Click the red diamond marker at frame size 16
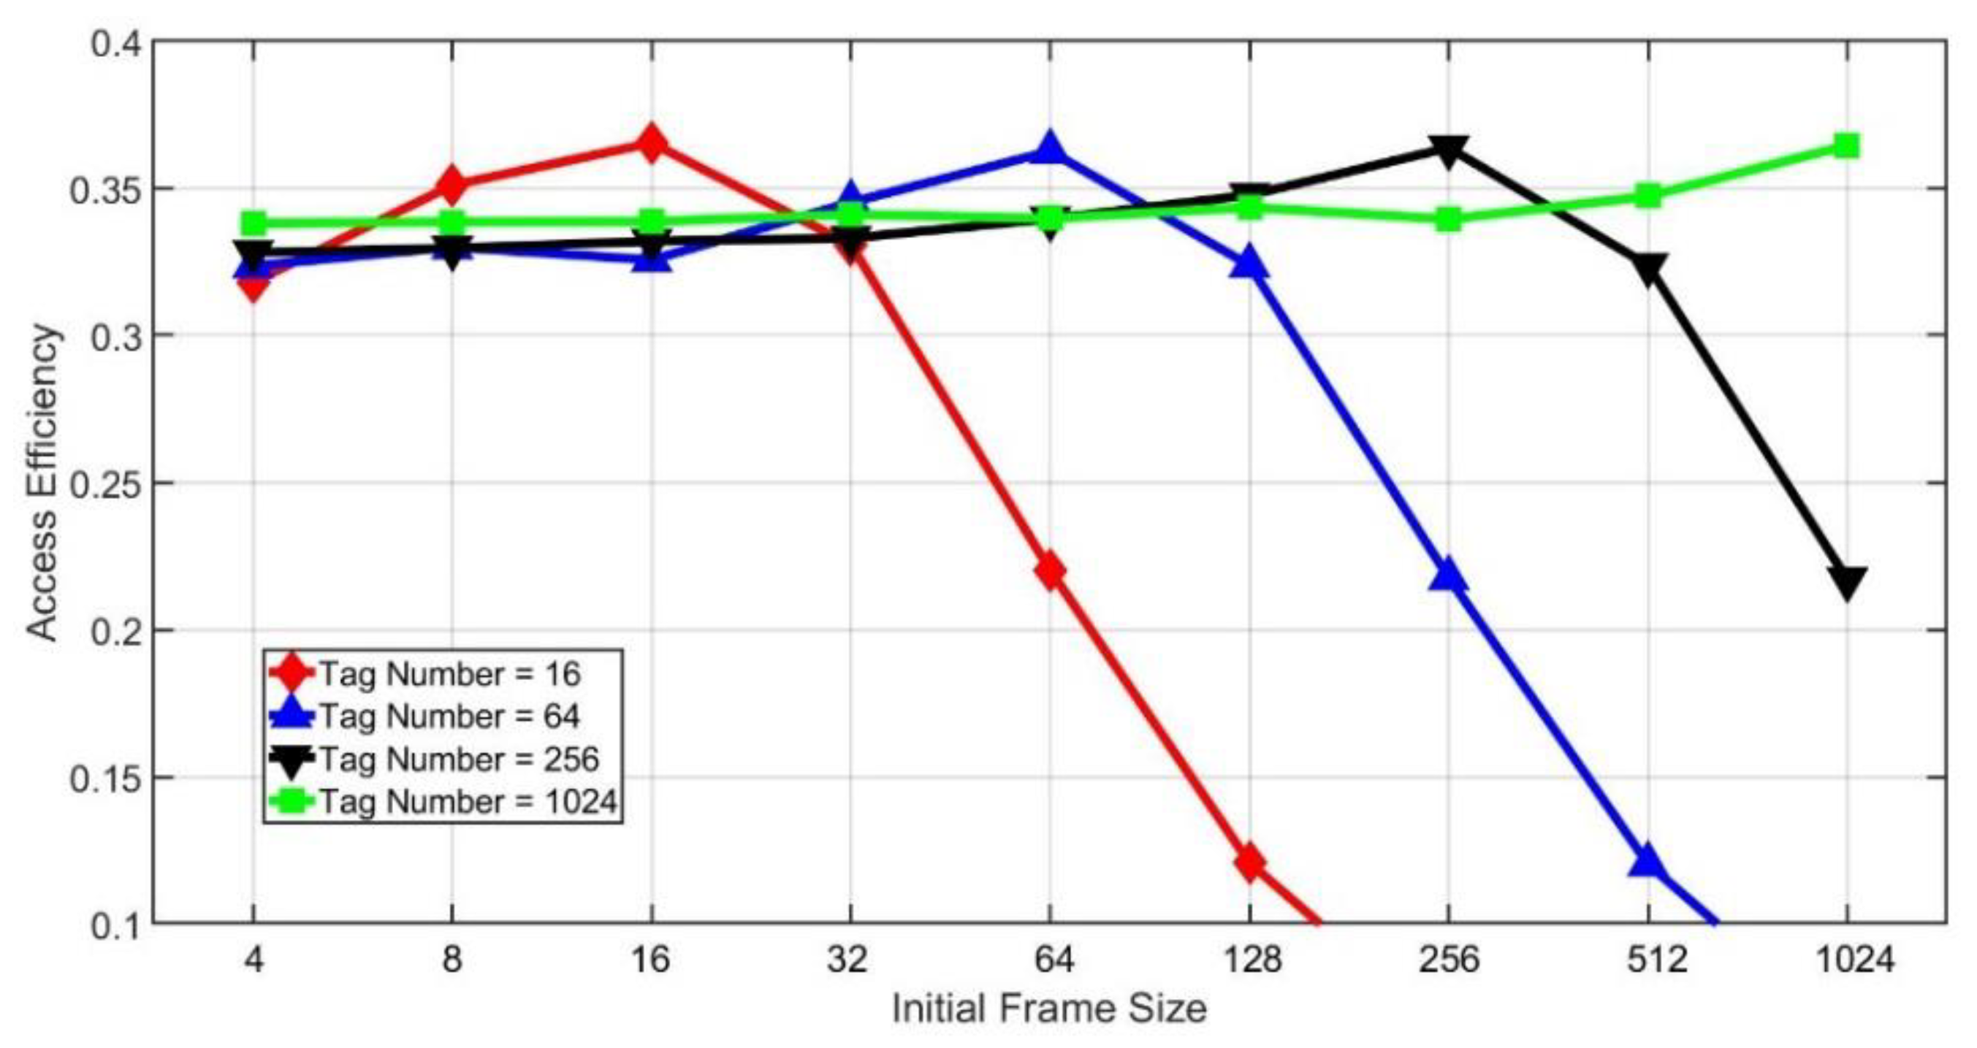pos(652,144)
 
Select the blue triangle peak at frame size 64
pos(1050,149)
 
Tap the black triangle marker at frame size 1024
pos(1846,583)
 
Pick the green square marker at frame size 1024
pos(1846,146)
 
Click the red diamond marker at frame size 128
pos(1249,863)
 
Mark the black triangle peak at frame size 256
pos(1448,151)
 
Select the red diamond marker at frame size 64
pos(1050,572)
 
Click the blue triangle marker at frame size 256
pos(1448,575)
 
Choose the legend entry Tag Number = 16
pos(450,674)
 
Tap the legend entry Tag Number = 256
pos(459,760)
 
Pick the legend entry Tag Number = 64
pos(450,716)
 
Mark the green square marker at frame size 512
pos(1647,196)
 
